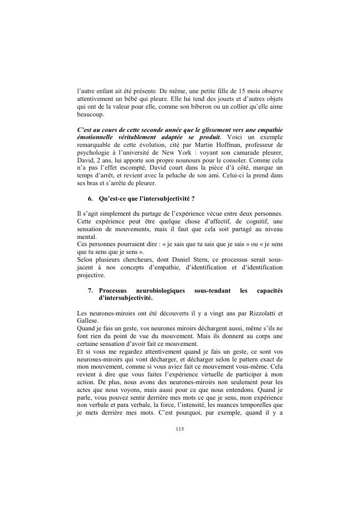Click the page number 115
click(179, 429)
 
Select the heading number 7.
click(90, 290)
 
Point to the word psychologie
click(94, 157)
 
